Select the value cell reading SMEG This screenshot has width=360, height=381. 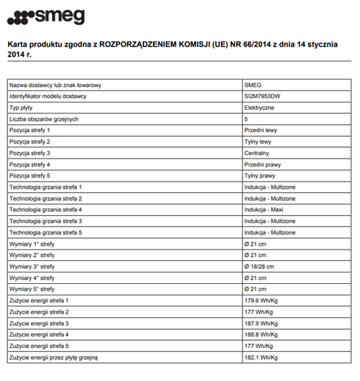(x=253, y=85)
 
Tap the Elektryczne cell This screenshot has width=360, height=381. (x=258, y=108)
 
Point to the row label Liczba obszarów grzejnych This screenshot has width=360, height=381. (x=44, y=119)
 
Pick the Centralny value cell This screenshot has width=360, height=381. (x=257, y=153)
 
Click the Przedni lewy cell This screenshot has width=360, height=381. (x=261, y=130)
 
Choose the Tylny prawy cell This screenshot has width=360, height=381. (x=260, y=175)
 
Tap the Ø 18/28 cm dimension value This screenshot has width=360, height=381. (x=259, y=266)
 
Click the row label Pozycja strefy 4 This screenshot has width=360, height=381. (x=30, y=165)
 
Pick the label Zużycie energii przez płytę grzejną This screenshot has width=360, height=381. (x=54, y=357)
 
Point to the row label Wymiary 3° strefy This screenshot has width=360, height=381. (x=32, y=266)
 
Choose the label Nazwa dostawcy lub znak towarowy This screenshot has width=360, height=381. (x=55, y=85)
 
